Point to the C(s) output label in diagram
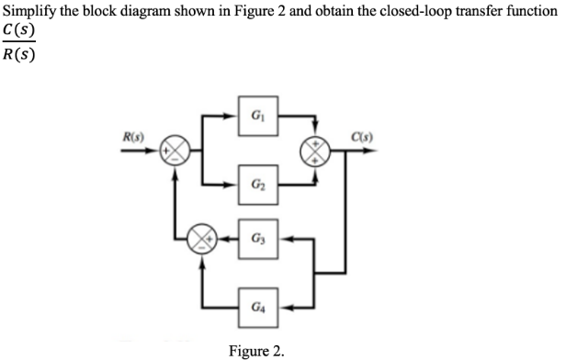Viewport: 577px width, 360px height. (x=382, y=140)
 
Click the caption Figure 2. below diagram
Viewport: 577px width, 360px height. (x=256, y=350)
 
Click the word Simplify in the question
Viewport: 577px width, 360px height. (x=29, y=11)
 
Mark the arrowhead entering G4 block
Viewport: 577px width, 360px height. (x=279, y=304)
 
